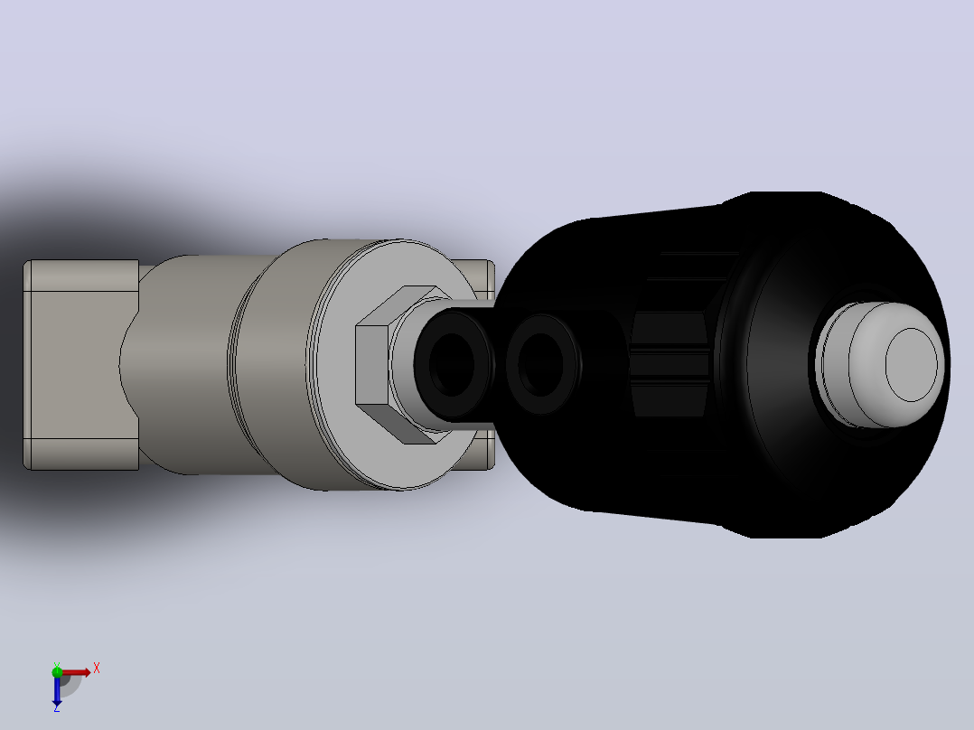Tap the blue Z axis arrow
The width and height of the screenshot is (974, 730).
pos(57,690)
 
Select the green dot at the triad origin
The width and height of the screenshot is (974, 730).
pos(57,672)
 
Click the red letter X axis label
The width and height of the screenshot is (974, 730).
pos(97,669)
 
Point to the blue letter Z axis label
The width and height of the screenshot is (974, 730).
pos(57,707)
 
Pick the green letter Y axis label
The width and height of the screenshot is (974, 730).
pos(57,665)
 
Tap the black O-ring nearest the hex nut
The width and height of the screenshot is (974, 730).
pos(452,363)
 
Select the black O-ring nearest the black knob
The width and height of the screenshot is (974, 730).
pos(542,363)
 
